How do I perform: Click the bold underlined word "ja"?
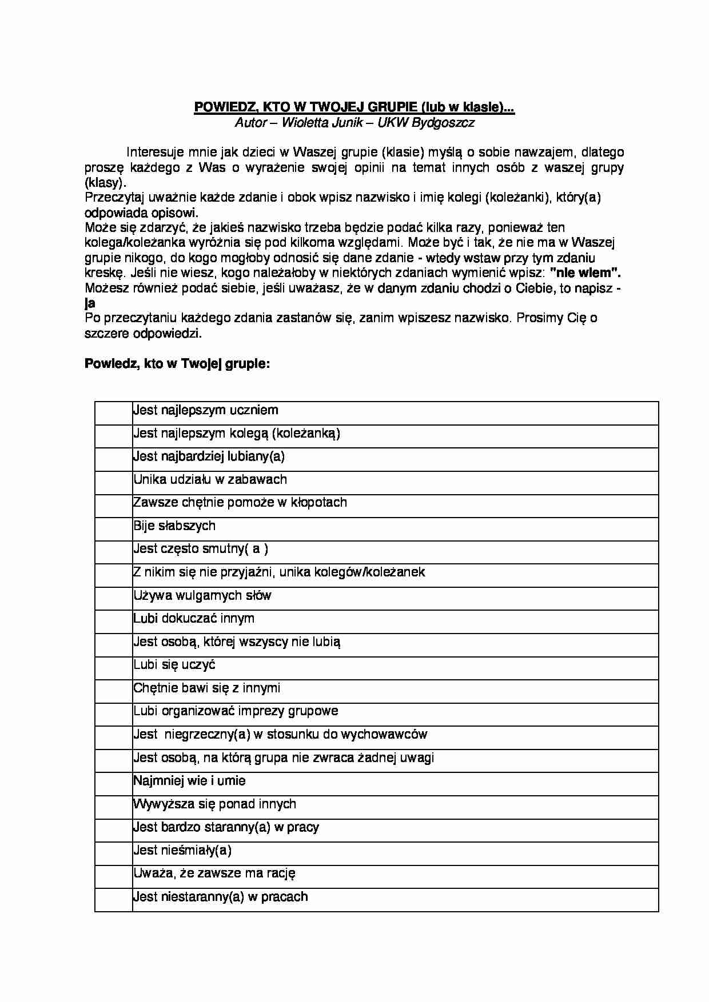point(90,303)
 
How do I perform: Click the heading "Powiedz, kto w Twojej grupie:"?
point(177,364)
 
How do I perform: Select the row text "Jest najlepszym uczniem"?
point(206,410)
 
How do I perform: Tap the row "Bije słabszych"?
point(174,526)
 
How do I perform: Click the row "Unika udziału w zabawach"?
point(210,479)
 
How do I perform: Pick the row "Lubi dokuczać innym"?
point(194,618)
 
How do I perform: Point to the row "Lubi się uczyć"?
point(174,664)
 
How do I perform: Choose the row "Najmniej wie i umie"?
point(189,780)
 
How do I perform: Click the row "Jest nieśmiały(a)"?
point(182,850)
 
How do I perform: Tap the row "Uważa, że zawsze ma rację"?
point(214,873)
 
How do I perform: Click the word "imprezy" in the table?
point(260,711)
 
